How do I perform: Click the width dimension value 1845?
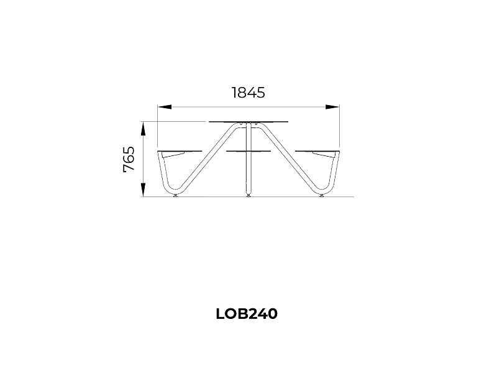coord(248,93)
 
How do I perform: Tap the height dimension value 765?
coord(129,159)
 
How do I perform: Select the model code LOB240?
coord(247,314)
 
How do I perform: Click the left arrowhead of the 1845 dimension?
coord(165,107)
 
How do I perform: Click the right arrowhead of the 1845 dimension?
coord(332,107)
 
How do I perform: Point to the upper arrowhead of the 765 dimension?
coord(144,129)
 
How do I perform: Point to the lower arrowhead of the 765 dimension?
coord(144,190)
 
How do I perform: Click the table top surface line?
coord(249,121)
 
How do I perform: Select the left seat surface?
coord(180,150)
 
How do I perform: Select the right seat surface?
coord(317,150)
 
